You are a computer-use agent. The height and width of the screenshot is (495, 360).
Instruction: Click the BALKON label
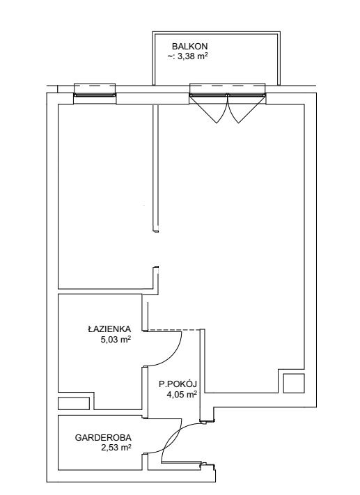click(190, 47)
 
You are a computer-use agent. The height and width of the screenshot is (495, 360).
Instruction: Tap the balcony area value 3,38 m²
click(187, 57)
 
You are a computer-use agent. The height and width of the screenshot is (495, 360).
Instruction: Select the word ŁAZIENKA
click(109, 329)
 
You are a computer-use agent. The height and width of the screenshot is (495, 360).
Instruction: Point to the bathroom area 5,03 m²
click(116, 340)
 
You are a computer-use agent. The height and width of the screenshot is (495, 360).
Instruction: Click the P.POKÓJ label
click(178, 384)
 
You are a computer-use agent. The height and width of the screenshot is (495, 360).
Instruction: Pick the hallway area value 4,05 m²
click(182, 394)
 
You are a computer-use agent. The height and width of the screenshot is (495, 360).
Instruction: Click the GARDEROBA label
click(103, 438)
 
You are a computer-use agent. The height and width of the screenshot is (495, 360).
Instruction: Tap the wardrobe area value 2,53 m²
click(116, 448)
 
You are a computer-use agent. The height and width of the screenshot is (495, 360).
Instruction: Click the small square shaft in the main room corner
click(294, 383)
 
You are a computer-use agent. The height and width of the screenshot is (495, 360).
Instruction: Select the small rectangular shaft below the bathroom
click(74, 403)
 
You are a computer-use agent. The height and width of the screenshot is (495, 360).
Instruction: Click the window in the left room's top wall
click(95, 95)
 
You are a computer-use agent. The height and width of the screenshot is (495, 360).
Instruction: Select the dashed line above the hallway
click(173, 330)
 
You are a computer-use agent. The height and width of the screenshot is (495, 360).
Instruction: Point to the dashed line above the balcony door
click(227, 85)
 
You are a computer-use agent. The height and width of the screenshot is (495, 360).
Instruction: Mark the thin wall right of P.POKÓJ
click(201, 376)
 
